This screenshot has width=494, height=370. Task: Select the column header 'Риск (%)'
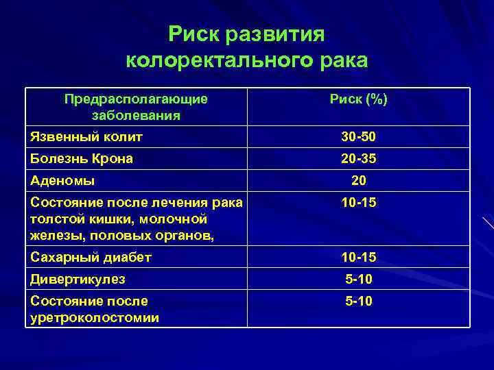coord(358,100)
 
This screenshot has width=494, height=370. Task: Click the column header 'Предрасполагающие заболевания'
coord(136,107)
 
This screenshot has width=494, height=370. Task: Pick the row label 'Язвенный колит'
coord(86,137)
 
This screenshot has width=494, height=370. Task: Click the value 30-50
coord(358,138)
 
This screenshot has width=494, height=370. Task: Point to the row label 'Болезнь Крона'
coord(82,158)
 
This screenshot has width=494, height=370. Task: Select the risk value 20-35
coord(358,159)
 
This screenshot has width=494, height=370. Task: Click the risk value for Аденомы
coord(358,181)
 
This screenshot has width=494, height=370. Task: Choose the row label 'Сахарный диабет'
coord(91,258)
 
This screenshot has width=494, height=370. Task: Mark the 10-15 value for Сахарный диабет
coord(358,258)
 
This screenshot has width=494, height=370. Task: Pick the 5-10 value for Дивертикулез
coord(358,280)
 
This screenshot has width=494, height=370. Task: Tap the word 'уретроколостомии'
coord(95,317)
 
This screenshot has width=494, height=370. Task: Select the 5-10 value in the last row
coord(358,301)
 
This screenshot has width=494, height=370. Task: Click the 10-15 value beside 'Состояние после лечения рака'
coord(358,203)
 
